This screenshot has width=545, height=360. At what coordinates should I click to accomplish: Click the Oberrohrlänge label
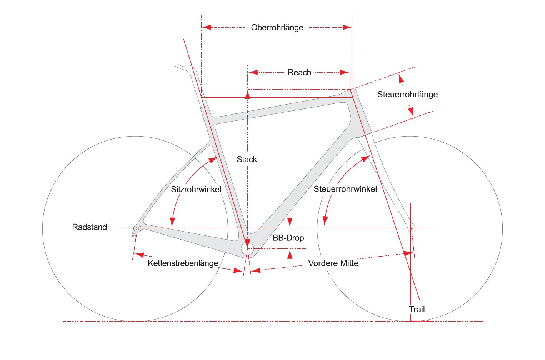pyautogui.click(x=277, y=28)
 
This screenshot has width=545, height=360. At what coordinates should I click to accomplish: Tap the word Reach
pyautogui.click(x=299, y=72)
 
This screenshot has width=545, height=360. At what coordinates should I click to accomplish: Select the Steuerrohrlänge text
pyautogui.click(x=408, y=94)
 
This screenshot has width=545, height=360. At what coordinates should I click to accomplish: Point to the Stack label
pyautogui.click(x=247, y=159)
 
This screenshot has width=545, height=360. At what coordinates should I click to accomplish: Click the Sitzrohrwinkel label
pyautogui.click(x=196, y=189)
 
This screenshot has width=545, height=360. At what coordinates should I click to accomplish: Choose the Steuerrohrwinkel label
pyautogui.click(x=345, y=189)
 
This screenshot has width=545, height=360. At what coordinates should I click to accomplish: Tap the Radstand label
pyautogui.click(x=90, y=227)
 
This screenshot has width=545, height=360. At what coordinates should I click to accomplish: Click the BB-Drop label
pyautogui.click(x=288, y=238)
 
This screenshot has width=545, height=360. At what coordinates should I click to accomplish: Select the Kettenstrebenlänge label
pyautogui.click(x=183, y=263)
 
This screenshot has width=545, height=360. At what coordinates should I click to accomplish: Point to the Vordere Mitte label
pyautogui.click(x=333, y=263)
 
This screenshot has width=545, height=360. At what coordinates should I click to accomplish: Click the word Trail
pyautogui.click(x=417, y=309)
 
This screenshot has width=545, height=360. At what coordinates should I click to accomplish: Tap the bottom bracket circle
pyautogui.click(x=247, y=248)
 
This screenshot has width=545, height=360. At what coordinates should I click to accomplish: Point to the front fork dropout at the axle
pyautogui.click(x=412, y=228)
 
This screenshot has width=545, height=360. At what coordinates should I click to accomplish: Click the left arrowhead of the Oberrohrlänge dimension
pyautogui.click(x=207, y=27)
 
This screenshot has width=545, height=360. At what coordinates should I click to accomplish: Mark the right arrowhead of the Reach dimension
pyautogui.click(x=345, y=72)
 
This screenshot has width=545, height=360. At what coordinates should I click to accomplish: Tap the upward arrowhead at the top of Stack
pyautogui.click(x=248, y=94)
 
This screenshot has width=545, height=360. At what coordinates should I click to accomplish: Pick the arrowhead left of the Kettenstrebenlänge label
pyautogui.click(x=139, y=255)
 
